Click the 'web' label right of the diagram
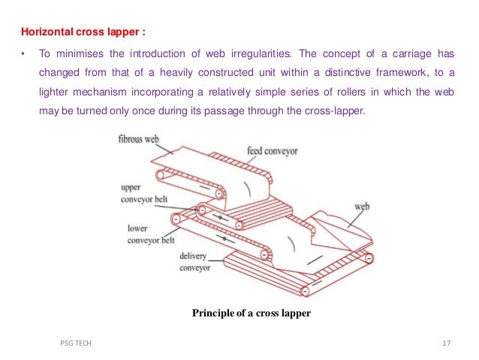point(361,204)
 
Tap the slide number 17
point(447,343)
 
